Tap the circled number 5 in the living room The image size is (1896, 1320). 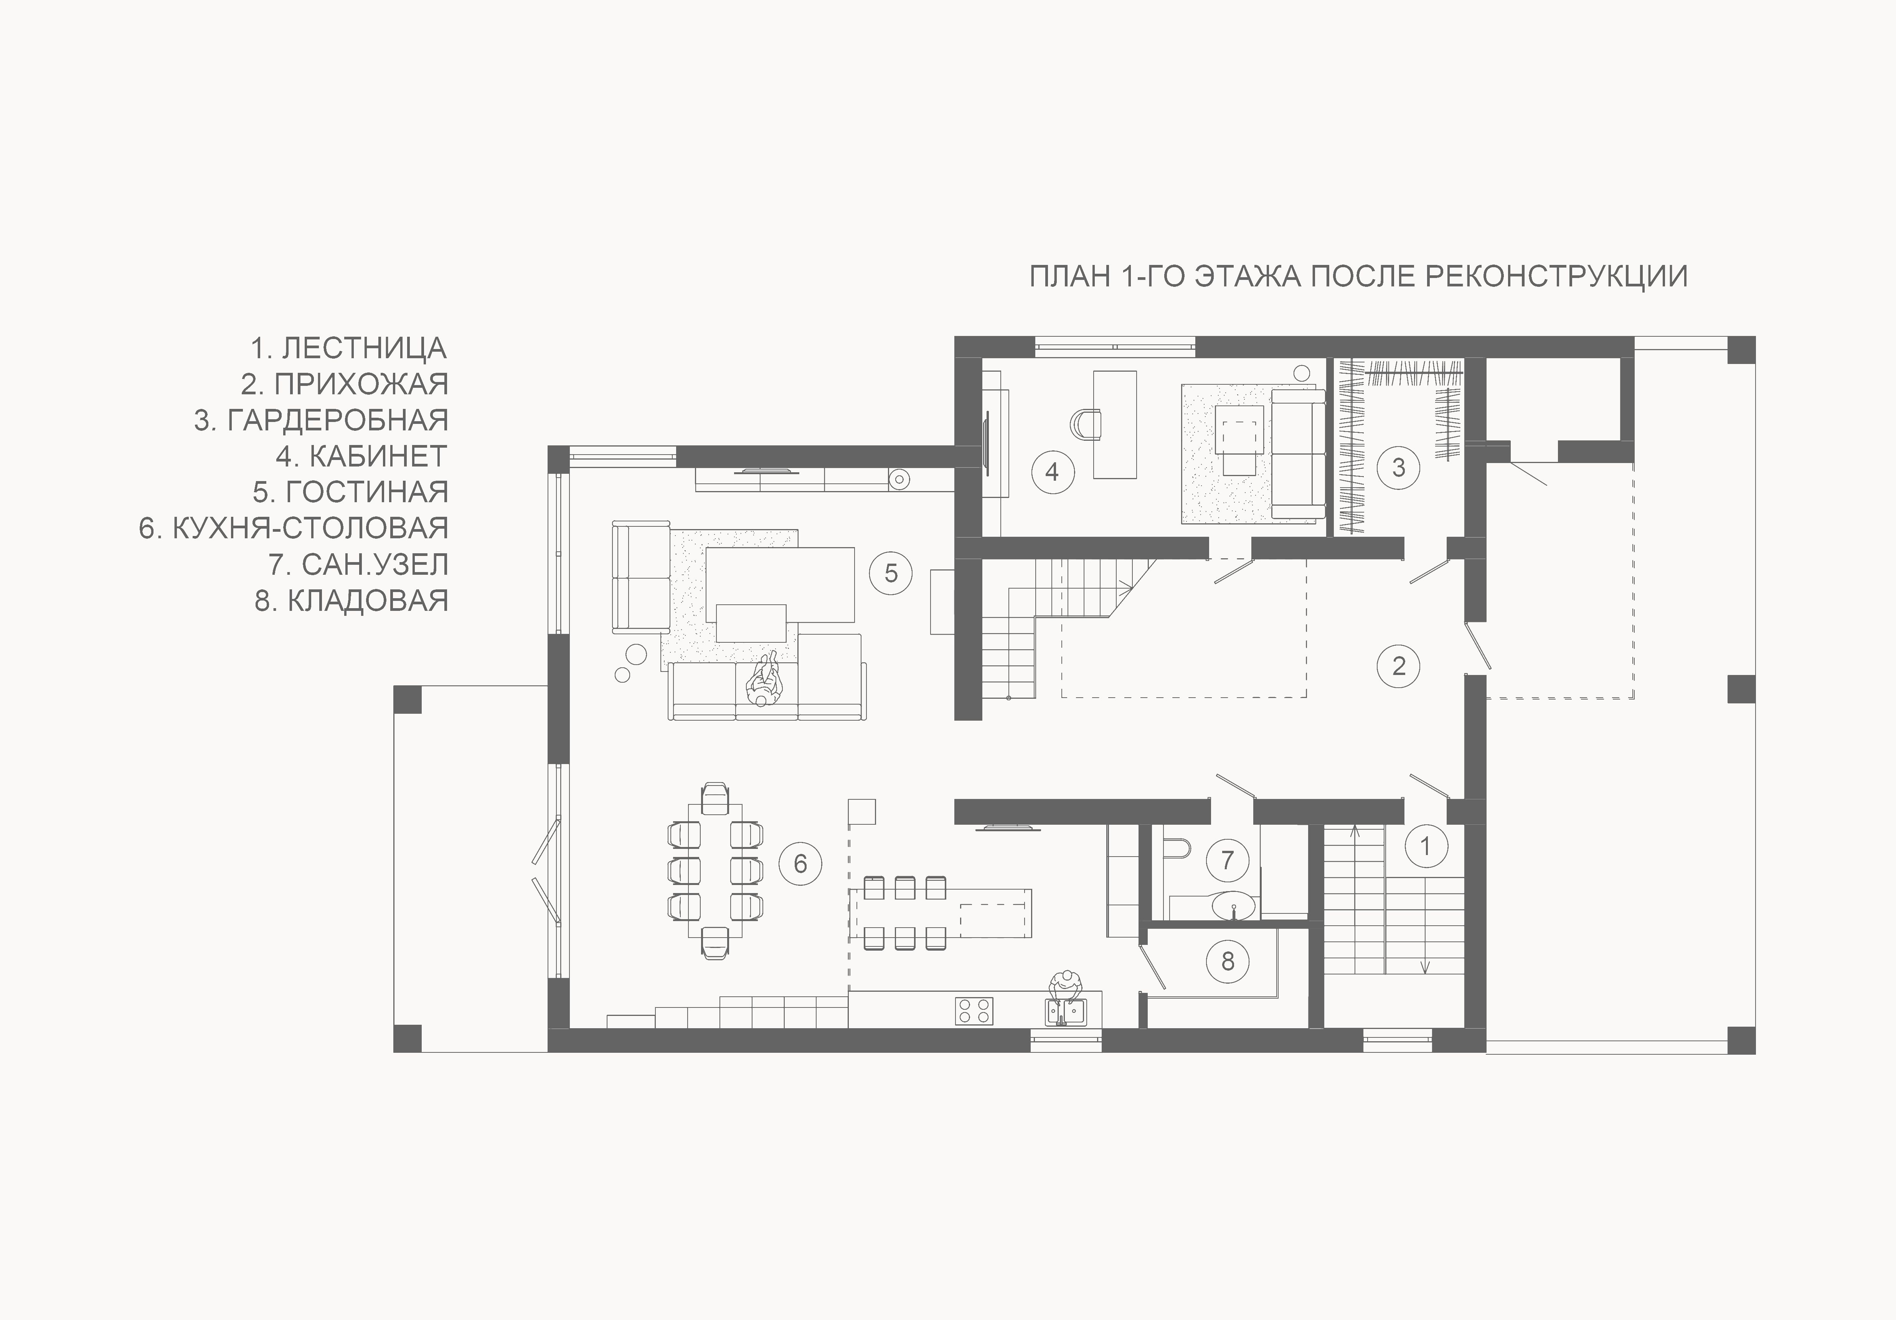click(891, 573)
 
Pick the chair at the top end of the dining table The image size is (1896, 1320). click(715, 800)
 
